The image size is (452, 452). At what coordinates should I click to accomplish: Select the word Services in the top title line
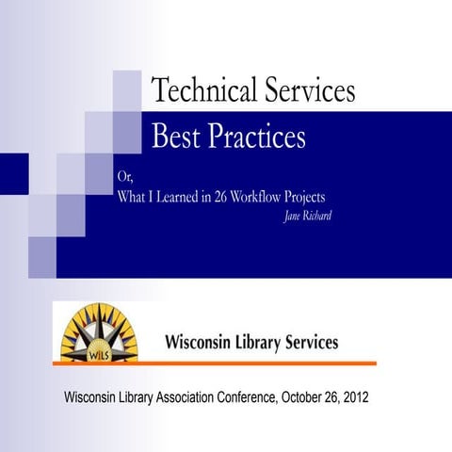307,90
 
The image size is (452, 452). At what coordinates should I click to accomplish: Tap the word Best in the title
176,137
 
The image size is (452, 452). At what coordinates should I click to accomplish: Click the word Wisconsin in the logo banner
201,342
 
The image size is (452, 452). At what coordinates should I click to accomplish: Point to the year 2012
353,397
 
